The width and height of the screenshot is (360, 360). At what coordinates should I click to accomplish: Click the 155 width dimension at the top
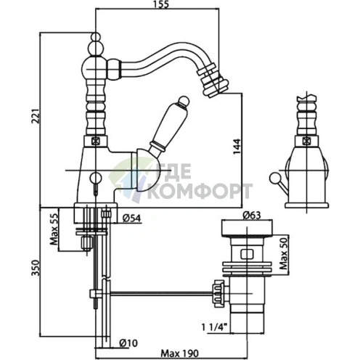click(x=160, y=4)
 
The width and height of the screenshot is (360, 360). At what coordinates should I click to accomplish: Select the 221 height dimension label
click(x=36, y=116)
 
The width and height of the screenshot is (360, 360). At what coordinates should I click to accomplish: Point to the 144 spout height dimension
click(x=237, y=147)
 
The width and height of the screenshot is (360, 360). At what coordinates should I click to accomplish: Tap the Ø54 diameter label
click(x=131, y=218)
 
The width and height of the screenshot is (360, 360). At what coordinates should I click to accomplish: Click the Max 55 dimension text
click(x=54, y=229)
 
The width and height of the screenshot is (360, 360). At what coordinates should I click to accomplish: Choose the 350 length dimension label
click(x=36, y=268)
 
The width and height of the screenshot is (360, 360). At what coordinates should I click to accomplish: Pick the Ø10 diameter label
click(x=128, y=343)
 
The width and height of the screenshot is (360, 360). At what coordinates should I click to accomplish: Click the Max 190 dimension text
click(x=180, y=353)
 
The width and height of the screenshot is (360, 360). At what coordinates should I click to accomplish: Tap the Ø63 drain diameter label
click(x=252, y=216)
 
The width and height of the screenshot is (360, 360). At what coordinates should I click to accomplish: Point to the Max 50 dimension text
click(x=284, y=253)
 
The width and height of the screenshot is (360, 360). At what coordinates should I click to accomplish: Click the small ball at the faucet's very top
click(x=96, y=37)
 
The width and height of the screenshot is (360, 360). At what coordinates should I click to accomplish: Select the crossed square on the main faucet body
click(x=96, y=141)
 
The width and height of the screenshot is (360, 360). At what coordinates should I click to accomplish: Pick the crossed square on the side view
click(x=306, y=141)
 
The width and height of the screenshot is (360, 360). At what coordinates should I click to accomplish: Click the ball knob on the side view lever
click(x=274, y=178)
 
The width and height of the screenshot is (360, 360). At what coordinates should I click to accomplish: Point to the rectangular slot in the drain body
click(x=247, y=254)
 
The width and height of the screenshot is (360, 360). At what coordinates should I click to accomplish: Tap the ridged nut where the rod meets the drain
click(x=219, y=293)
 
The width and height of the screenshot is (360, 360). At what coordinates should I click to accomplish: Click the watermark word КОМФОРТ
click(x=200, y=191)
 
